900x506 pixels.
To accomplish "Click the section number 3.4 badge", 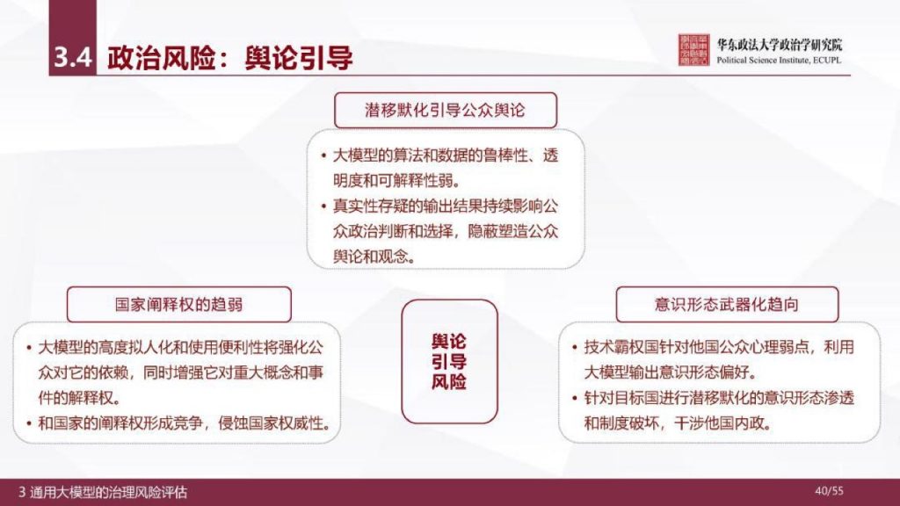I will pos(71,58).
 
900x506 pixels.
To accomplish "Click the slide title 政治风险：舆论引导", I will pos(230,58).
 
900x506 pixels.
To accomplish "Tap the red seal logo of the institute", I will pos(694,51).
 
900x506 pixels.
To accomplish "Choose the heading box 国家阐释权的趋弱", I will pos(179,304).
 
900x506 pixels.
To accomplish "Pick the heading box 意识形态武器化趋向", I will pos(720,304).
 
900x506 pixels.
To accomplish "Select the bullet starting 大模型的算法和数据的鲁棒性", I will pos(444,169).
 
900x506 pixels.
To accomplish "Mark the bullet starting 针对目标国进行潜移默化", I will pos(719,410).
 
